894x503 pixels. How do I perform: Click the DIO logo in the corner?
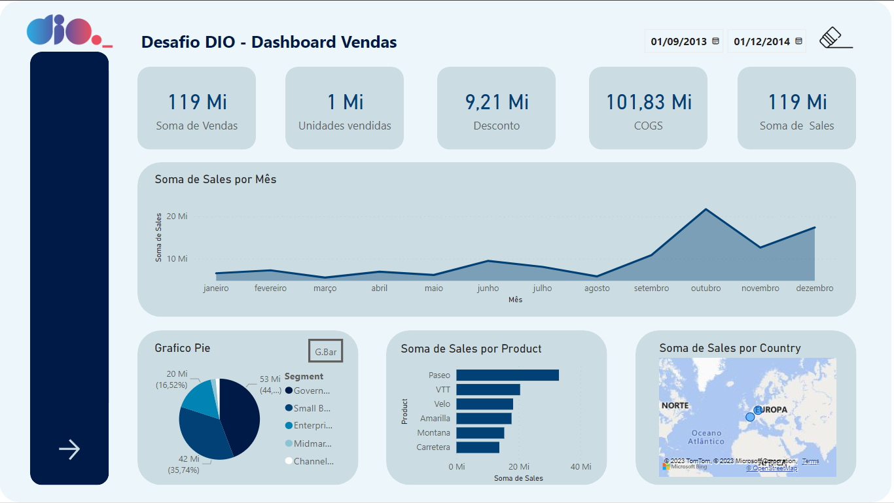click(68, 31)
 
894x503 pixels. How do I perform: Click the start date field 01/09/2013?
click(679, 41)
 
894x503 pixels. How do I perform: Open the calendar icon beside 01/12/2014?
click(798, 41)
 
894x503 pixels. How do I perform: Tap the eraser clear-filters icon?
click(832, 38)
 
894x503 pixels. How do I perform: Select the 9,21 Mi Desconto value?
click(496, 102)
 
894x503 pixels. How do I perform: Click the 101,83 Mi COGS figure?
click(648, 102)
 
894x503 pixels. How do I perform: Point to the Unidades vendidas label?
click(344, 126)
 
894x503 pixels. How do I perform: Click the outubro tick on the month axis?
click(706, 288)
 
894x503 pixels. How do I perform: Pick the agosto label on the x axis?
click(597, 288)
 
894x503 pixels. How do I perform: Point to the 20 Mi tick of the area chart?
click(177, 216)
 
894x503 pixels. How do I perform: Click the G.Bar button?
click(325, 352)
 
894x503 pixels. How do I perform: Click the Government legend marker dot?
click(289, 390)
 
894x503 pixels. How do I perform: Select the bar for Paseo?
click(507, 375)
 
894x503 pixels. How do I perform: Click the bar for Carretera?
click(478, 447)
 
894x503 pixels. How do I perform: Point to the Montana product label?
click(434, 433)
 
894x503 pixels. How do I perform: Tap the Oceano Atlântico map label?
click(706, 437)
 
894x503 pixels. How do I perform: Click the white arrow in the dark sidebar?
click(69, 449)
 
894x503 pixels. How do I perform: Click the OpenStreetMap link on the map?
click(772, 468)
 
